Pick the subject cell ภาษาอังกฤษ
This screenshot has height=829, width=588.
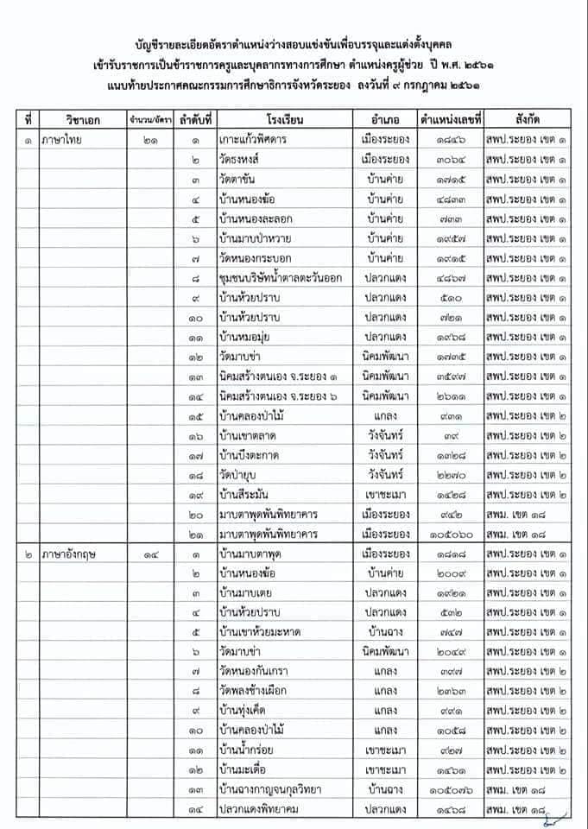70,554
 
